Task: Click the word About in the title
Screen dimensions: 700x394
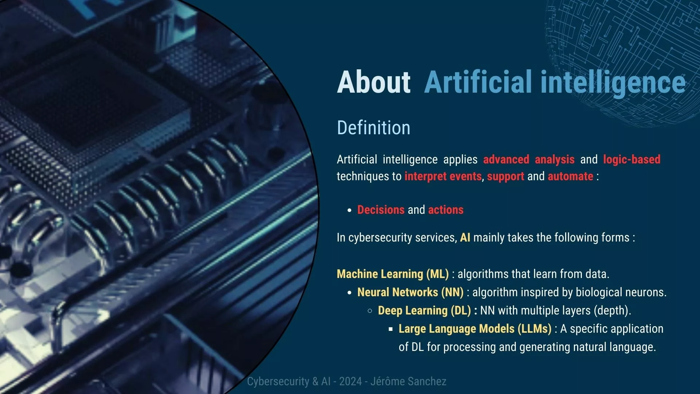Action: click(374, 82)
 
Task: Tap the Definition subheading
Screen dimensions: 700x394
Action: click(374, 128)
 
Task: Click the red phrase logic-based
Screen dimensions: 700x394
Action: click(632, 159)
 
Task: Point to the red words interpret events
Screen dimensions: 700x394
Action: click(443, 176)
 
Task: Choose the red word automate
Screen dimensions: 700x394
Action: click(571, 176)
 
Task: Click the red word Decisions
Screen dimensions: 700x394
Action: click(381, 210)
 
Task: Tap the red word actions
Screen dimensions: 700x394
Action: click(446, 210)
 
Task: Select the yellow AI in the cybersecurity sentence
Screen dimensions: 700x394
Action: click(465, 237)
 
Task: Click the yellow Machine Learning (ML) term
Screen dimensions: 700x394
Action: click(393, 274)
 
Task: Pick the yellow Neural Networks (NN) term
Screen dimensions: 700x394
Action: click(411, 292)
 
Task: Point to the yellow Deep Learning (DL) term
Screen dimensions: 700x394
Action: click(424, 310)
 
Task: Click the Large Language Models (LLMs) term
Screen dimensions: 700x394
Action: click(475, 329)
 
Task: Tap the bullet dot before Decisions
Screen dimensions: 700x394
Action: click(350, 210)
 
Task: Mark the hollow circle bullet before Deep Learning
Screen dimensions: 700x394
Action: click(370, 311)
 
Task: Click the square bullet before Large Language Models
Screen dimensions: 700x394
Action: click(391, 329)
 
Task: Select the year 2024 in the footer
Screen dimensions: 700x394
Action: click(350, 382)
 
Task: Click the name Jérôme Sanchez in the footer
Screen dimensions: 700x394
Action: click(408, 382)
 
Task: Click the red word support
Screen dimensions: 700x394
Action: click(506, 177)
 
